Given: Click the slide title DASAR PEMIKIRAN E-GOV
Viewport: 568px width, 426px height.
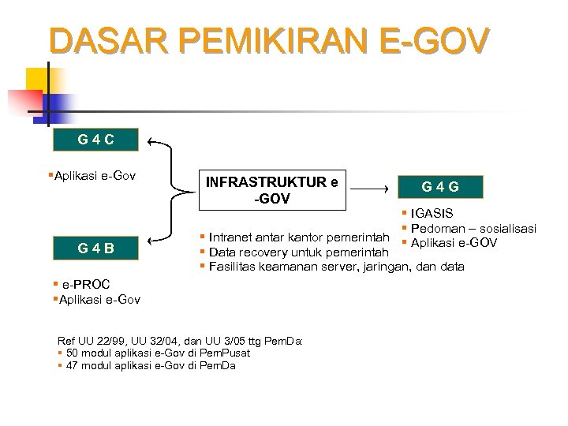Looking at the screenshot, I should (269, 41).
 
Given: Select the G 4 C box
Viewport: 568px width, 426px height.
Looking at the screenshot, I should (95, 140).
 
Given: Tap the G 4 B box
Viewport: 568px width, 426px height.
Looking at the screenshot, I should (95, 248).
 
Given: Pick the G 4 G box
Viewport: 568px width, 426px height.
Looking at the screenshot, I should (440, 187).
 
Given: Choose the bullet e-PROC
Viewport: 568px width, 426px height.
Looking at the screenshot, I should (85, 284).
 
